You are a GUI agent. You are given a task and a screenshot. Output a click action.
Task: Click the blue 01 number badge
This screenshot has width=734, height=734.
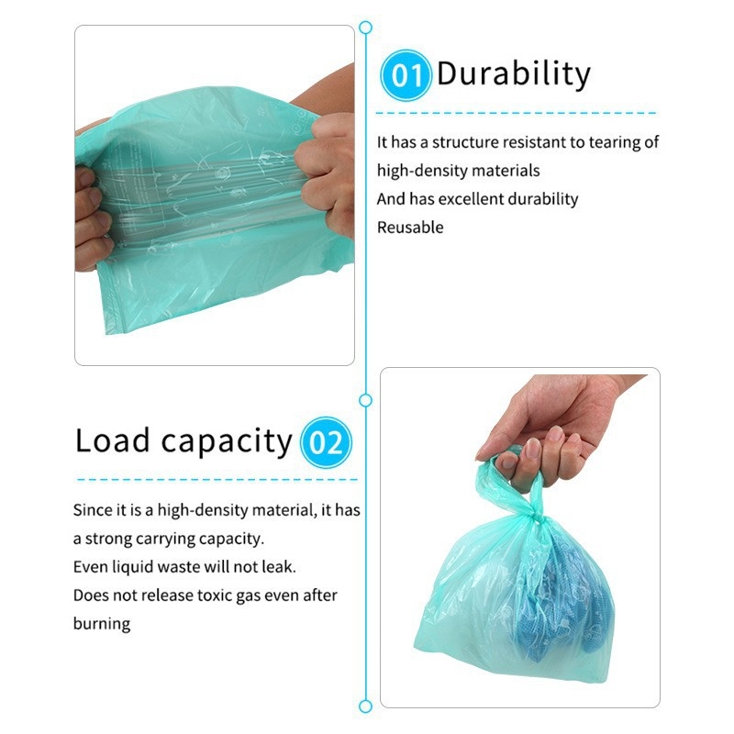pos(405,75)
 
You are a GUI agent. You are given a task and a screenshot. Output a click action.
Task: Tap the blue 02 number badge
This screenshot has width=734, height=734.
pos(326,442)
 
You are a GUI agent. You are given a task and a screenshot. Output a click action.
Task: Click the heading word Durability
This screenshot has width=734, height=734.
pos(514,74)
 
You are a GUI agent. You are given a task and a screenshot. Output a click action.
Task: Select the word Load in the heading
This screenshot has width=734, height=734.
pos(112,440)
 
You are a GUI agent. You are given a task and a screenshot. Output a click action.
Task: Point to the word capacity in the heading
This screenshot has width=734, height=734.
pos(227,443)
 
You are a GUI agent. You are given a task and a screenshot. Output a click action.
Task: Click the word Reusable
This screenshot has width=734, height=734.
pos(410,228)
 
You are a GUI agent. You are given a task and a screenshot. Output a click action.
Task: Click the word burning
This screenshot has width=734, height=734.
pos(102,624)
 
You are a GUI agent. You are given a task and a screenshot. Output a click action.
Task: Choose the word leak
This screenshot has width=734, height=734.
pos(279,567)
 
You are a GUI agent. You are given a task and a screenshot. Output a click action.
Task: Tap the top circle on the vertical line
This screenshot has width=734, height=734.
pos(365,28)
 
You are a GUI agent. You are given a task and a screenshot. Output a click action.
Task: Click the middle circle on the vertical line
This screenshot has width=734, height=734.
pos(365,400)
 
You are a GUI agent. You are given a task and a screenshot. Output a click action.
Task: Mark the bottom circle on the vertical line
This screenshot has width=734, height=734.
pos(365,706)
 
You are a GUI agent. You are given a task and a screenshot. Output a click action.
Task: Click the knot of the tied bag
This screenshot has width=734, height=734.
pos(535,517)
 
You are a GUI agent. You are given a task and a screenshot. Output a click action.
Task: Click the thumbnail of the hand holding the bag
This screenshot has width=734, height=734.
pos(520,538)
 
